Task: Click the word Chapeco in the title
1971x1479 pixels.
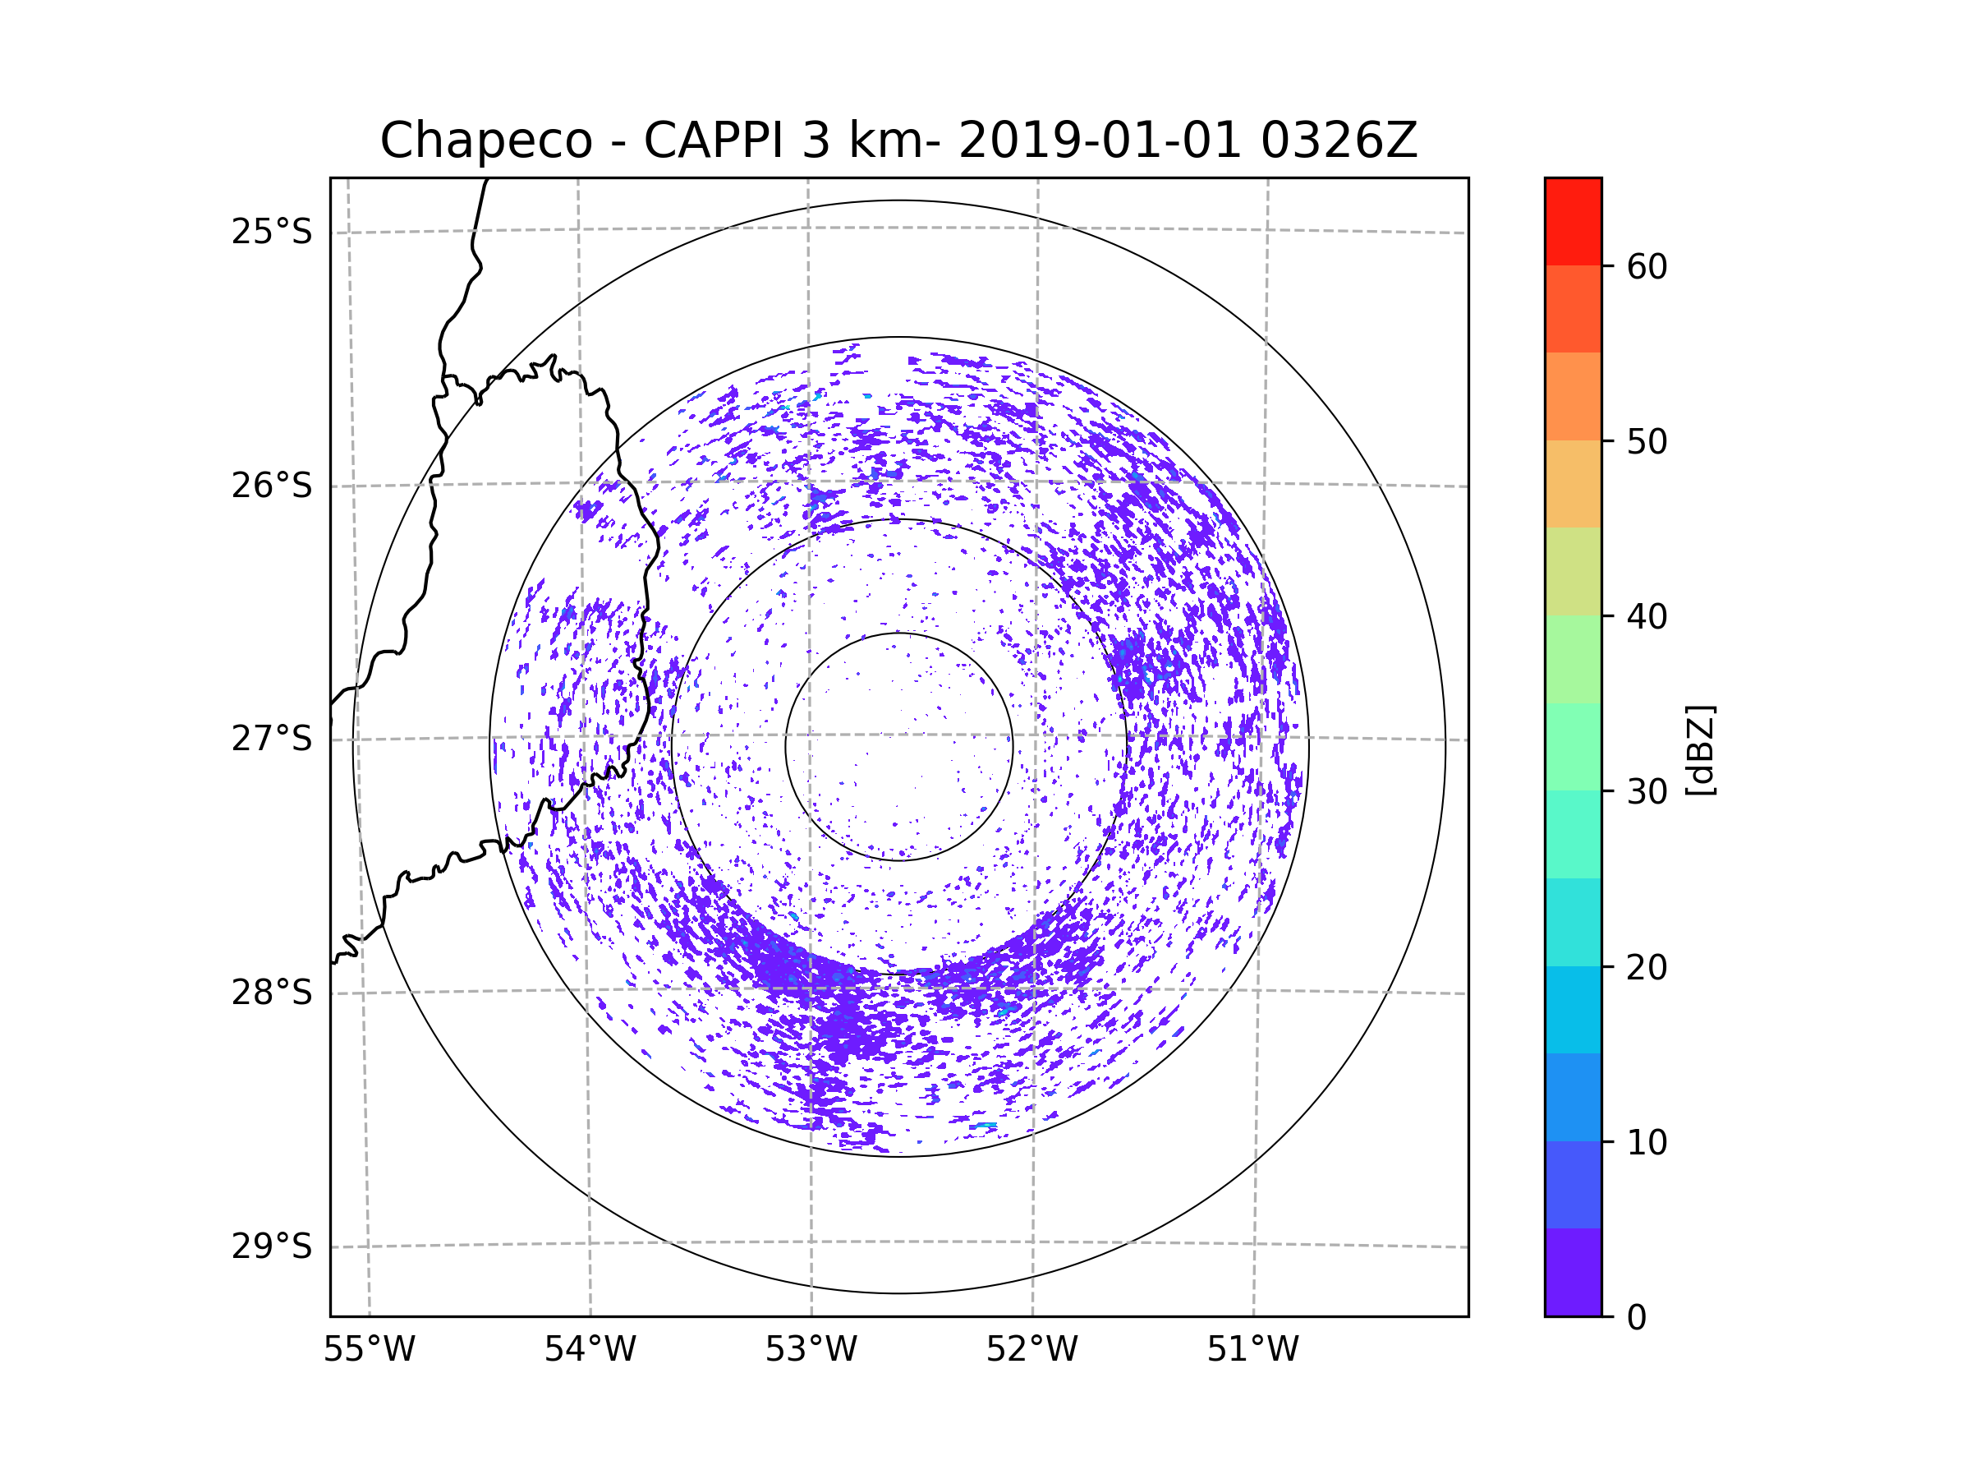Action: (x=485, y=141)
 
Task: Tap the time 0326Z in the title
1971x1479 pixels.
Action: (x=1339, y=141)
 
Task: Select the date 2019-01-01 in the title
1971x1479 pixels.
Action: (x=1100, y=141)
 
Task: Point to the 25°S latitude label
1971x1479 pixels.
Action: (x=272, y=232)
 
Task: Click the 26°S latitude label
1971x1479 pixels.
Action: (x=272, y=486)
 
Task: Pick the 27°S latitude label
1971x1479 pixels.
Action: (x=272, y=739)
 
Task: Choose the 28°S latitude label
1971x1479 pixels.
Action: (x=272, y=993)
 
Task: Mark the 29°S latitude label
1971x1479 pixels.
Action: (x=272, y=1246)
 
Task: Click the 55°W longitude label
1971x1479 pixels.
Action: (x=369, y=1350)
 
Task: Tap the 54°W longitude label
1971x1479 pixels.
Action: (x=590, y=1350)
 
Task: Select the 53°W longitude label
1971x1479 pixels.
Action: (x=811, y=1350)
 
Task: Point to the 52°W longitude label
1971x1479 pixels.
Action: (x=1031, y=1350)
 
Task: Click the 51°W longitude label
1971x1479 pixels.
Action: (x=1252, y=1350)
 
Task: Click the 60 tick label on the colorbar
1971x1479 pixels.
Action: (x=1647, y=266)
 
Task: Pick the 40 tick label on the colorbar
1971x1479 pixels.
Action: (x=1647, y=617)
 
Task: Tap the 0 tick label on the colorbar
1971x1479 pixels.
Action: (x=1637, y=1318)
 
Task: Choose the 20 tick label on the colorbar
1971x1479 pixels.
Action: (x=1647, y=967)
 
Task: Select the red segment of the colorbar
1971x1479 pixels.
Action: (x=1573, y=221)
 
